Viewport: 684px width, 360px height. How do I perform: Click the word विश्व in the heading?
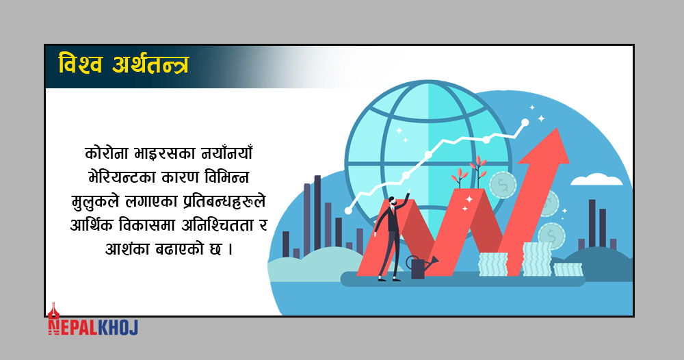(81, 64)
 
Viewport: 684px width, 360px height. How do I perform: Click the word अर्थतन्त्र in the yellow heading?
(150, 64)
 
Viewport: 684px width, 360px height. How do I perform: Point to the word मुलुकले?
(95, 202)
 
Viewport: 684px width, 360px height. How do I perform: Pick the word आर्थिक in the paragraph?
(91, 225)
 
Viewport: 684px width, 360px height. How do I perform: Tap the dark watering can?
(420, 267)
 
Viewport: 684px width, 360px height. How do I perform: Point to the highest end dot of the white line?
(525, 123)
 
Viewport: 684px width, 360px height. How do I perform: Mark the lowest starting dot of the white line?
(348, 211)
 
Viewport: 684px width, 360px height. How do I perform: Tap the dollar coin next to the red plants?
(503, 185)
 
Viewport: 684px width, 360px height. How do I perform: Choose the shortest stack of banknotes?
(568, 269)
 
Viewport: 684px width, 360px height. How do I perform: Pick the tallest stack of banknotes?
(537, 259)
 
